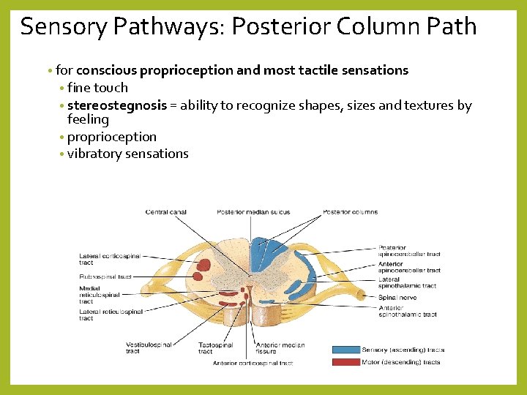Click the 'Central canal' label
point(166,212)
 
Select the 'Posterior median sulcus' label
point(253,212)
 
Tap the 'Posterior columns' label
point(351,212)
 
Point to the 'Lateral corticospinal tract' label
point(110,260)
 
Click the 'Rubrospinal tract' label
point(105,276)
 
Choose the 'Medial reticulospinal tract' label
point(100,295)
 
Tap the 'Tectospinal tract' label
point(215,347)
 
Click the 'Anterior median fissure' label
point(280,347)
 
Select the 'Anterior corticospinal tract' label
point(253,363)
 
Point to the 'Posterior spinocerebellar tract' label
point(409,251)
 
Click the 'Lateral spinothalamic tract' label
point(407,282)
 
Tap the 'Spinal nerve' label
point(397,296)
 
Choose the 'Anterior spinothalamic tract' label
point(408,311)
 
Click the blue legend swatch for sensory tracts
point(345,350)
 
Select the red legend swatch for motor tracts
point(345,362)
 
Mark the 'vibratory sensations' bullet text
point(128,154)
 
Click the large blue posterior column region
point(261,256)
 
